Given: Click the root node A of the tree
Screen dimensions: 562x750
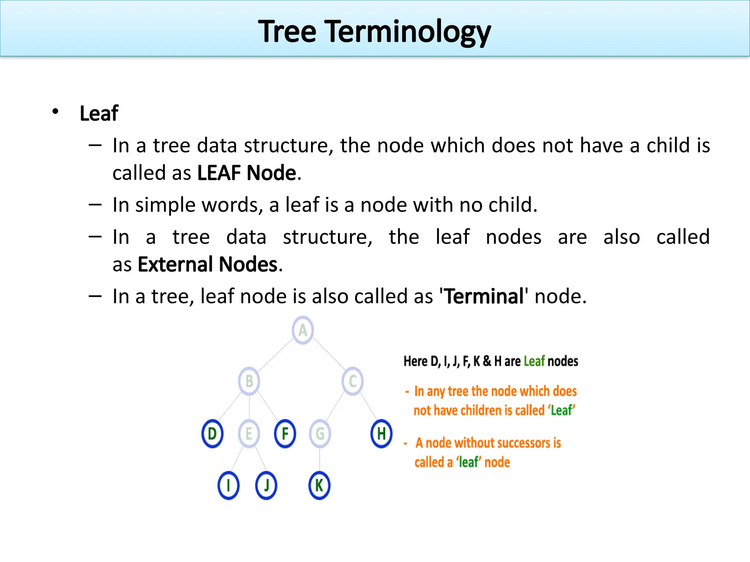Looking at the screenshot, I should pos(302,330).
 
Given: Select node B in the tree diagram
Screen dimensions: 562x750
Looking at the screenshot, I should pos(249,381).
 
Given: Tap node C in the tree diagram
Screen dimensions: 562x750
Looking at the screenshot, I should pos(353,381).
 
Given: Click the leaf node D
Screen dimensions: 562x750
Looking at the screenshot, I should pos(212,434).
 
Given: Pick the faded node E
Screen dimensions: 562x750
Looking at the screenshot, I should pos(249,434).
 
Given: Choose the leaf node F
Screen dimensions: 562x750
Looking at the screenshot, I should pos(285,434).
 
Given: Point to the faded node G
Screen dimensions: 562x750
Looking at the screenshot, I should pos(320,434).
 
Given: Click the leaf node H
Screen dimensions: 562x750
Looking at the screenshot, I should pos(381,434).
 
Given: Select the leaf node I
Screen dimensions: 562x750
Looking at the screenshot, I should pos(229,486).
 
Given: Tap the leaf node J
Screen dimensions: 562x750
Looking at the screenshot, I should pos(266,486).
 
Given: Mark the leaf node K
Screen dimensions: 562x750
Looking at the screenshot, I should pos(319,486).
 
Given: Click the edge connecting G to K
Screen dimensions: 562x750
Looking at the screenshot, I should pos(320,460).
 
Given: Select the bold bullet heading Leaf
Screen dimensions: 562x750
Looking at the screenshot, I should pos(99,113).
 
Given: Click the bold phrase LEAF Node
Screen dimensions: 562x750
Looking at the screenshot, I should pos(246,173).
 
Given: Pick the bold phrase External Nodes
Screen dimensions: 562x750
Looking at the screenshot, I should pos(207,264).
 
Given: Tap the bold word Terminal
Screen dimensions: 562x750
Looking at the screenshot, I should pos(484,296).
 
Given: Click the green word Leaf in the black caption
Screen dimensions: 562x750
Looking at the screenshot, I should pos(534,361).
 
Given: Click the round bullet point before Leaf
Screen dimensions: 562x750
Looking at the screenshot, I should pos(55,112).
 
